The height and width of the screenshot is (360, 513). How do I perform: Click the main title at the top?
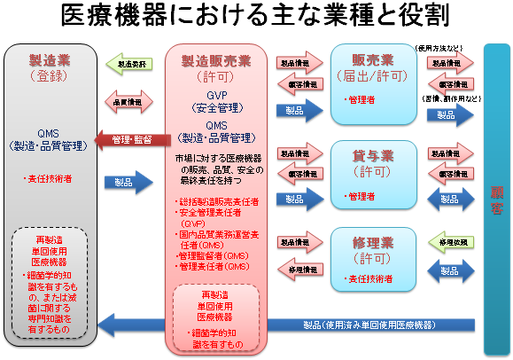click(256, 16)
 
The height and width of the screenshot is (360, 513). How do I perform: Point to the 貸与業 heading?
click(373, 155)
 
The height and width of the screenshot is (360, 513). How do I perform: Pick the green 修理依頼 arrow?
click(451, 241)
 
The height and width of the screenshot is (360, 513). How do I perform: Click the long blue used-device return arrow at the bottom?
click(292, 325)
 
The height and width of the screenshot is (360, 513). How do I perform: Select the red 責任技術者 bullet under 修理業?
click(369, 278)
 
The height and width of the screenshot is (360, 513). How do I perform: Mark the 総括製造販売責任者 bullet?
click(219, 202)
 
